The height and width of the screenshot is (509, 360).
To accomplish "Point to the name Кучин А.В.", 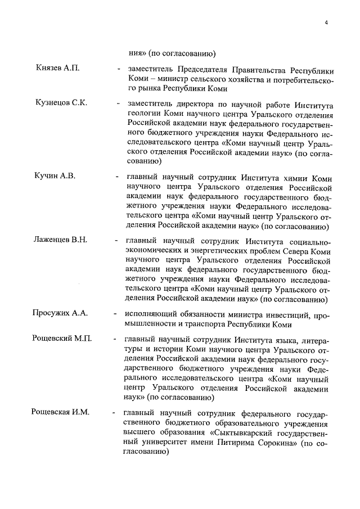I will coord(55,175).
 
